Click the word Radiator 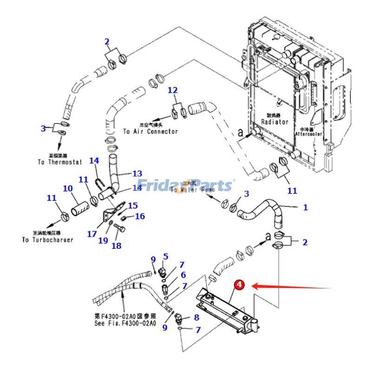[274, 121]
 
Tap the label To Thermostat [60, 162]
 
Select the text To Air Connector [150, 132]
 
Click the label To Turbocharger [47, 240]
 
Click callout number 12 [173, 90]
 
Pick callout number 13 [137, 173]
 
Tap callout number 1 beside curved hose [306, 207]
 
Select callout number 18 [116, 245]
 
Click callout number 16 [140, 216]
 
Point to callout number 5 [166, 256]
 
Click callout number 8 [196, 318]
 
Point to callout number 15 [133, 205]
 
